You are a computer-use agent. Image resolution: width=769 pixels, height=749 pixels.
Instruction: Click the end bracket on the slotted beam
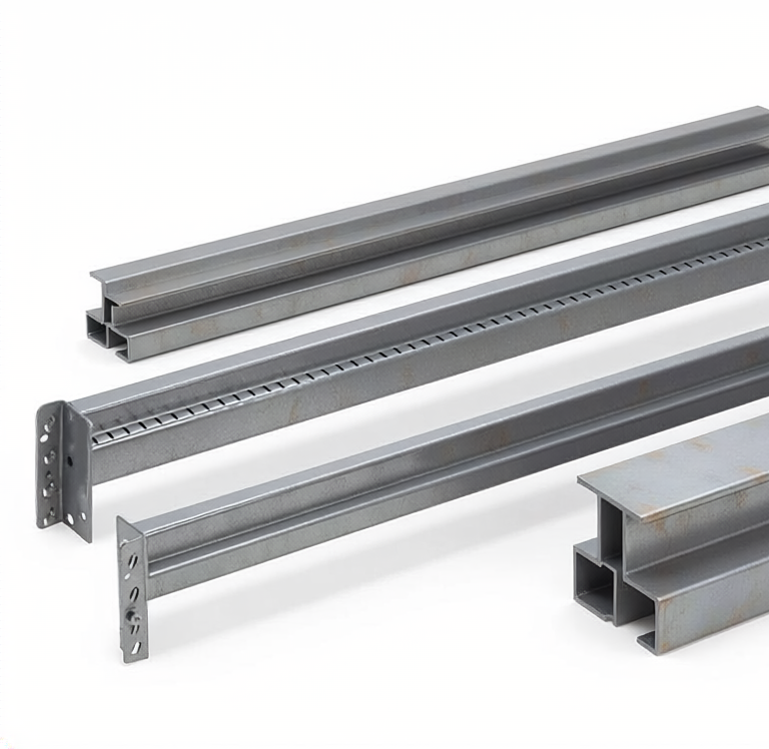tap(61, 465)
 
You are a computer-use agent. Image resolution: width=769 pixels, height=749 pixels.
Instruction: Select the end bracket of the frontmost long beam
tap(131, 589)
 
